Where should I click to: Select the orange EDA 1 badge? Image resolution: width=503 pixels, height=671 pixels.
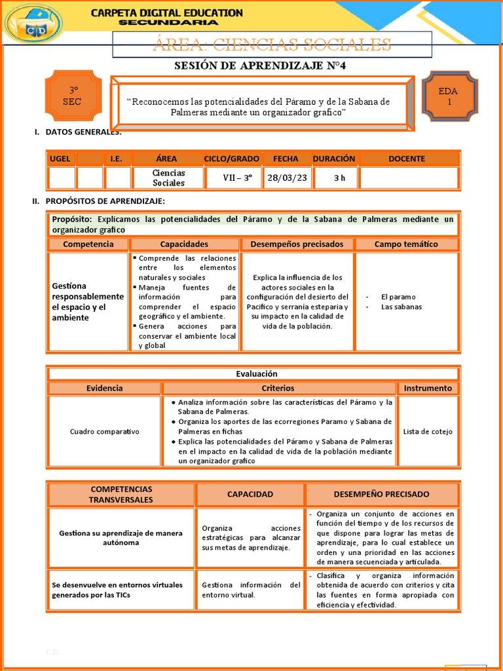449,96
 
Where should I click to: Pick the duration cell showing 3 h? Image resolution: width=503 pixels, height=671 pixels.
339,178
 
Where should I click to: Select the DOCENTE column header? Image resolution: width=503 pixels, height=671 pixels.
406,159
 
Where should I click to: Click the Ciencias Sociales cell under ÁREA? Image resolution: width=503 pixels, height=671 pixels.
168,178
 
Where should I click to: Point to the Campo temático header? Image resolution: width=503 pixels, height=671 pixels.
406,244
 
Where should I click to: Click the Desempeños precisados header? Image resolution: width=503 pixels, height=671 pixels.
297,244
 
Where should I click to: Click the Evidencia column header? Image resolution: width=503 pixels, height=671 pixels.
104,388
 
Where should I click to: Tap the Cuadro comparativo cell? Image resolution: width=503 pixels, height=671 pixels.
104,432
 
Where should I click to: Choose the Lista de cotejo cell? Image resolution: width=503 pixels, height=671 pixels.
428,432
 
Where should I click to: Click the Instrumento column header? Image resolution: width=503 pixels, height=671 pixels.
428,388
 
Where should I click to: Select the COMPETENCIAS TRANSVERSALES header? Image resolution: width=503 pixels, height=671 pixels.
121,494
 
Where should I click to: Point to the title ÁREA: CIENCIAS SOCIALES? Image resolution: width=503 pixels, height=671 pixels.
272,45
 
